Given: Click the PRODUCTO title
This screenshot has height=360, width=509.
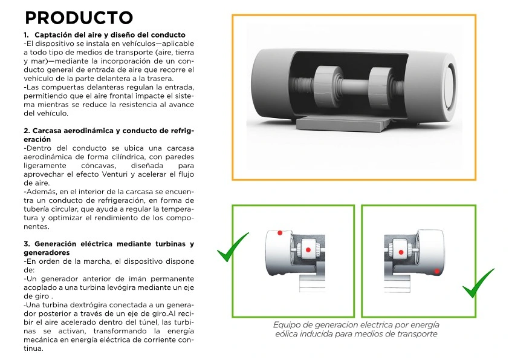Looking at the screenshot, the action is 79,18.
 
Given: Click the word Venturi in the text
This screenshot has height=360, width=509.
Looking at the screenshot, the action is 115,174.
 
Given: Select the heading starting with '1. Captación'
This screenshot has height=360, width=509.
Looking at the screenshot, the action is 105,34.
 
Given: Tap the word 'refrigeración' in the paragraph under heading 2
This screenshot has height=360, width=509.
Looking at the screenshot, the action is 120,200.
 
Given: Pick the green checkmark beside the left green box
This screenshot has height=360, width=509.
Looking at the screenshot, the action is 233,247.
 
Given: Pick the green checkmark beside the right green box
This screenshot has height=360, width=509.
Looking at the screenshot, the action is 478,283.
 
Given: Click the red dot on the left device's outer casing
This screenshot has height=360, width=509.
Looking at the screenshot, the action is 280,233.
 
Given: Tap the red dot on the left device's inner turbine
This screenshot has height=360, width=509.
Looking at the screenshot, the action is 308,250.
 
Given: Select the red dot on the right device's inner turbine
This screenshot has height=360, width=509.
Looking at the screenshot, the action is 401,252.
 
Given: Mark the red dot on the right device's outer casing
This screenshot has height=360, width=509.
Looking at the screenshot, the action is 436,271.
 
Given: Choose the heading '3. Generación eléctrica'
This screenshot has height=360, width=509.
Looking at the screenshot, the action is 109,248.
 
